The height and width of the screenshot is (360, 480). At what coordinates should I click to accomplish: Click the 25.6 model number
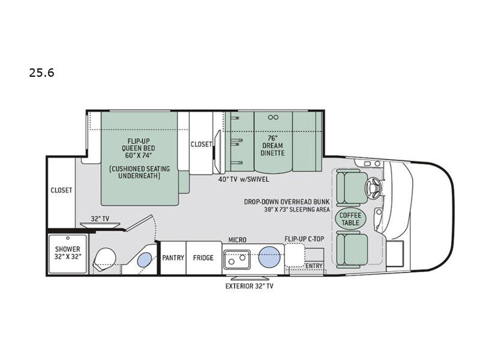click(x=41, y=73)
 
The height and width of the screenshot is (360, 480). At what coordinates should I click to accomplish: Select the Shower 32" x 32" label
click(x=68, y=253)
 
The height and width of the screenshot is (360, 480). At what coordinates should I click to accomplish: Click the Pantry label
click(x=173, y=258)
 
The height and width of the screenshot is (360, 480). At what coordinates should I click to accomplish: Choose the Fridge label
click(x=203, y=258)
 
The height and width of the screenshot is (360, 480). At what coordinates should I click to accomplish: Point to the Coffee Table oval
click(x=350, y=219)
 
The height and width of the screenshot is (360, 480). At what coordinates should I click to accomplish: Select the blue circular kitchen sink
click(x=269, y=257)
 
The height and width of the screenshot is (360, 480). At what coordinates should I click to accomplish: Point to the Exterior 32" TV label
click(x=250, y=286)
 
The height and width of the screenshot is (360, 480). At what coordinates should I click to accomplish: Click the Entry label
click(x=314, y=266)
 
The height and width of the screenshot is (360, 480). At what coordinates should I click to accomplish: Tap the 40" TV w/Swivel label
click(x=244, y=179)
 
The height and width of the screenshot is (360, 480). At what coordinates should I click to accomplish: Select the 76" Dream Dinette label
click(x=272, y=145)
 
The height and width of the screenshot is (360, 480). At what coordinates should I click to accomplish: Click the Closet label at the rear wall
click(x=62, y=190)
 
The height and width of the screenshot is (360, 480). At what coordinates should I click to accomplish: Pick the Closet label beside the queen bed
click(x=201, y=144)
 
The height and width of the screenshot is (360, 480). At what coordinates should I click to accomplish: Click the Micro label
click(x=237, y=239)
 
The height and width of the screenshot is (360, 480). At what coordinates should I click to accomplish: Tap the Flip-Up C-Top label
click(x=304, y=239)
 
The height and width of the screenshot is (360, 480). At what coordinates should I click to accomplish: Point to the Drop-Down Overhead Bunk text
click(x=287, y=202)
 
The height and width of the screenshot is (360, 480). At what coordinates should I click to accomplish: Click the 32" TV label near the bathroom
click(x=100, y=218)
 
